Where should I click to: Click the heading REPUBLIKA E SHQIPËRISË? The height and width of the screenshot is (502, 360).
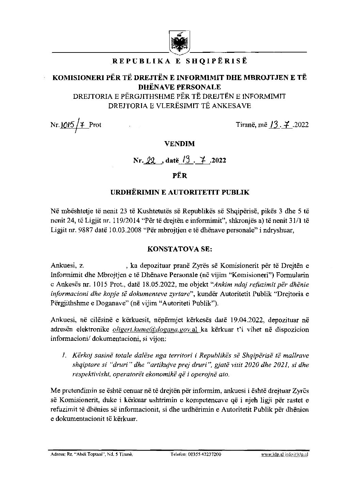(x=179, y=61)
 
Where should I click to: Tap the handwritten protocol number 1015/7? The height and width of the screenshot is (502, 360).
(x=74, y=125)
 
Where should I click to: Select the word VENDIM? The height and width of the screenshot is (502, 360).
(x=179, y=143)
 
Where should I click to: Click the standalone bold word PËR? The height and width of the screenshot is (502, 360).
(x=179, y=176)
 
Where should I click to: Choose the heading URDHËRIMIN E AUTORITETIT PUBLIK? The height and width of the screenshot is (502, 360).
(x=179, y=192)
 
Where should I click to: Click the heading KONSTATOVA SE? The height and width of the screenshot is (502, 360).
(x=179, y=249)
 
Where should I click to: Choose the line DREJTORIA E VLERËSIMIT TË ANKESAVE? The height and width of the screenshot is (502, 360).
(x=179, y=106)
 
